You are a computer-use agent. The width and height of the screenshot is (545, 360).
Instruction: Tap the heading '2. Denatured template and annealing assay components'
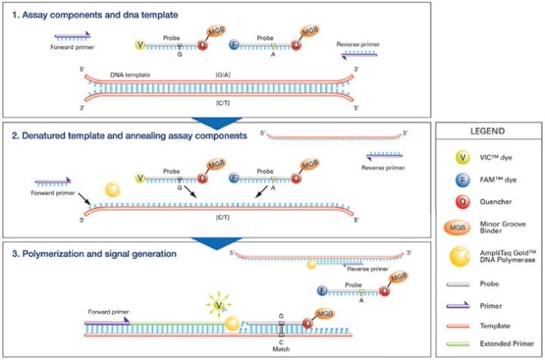tap(129, 136)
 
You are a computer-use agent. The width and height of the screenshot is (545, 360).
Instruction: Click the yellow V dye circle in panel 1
tap(140, 46)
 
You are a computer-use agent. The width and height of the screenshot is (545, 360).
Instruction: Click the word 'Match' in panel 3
tap(281, 348)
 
